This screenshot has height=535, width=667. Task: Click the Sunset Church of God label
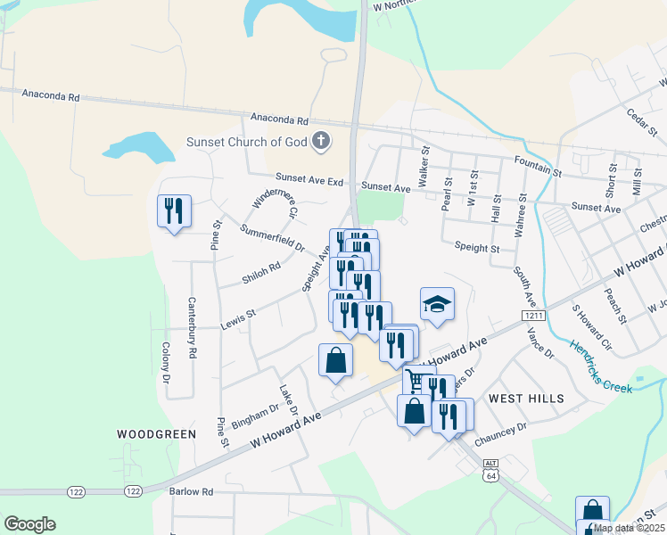246,141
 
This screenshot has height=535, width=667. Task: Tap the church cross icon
321,140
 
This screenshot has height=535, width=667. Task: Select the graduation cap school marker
437,305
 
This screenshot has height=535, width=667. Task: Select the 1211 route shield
533,316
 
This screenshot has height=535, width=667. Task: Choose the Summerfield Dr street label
273,238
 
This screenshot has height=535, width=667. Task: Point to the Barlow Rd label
192,491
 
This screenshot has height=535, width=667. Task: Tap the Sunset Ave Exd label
309,180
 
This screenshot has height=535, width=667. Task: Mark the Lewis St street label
238,315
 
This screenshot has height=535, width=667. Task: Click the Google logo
30,524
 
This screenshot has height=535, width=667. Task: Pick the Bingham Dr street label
256,415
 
